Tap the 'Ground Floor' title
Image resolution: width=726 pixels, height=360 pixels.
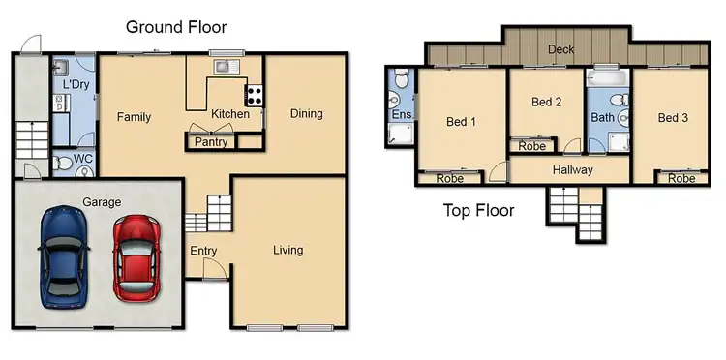tap(176, 27)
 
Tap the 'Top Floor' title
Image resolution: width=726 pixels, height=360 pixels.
tap(478, 210)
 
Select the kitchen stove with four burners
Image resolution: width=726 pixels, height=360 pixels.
tap(256, 95)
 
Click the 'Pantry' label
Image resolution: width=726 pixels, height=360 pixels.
tap(211, 142)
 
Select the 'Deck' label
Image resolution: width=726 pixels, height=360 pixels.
tap(562, 50)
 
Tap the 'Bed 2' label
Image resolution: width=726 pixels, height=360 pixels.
tap(547, 103)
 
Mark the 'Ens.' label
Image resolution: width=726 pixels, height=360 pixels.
tap(401, 115)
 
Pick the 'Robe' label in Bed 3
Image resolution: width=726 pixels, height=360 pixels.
tap(681, 178)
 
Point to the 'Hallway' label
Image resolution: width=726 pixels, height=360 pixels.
tap(572, 170)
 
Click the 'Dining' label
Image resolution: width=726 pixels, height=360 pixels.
tap(306, 114)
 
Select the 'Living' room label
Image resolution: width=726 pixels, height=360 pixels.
tap(287, 250)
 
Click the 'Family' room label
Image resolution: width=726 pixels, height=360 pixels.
tap(135, 117)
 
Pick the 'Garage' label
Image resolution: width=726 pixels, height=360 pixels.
tap(102, 202)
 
